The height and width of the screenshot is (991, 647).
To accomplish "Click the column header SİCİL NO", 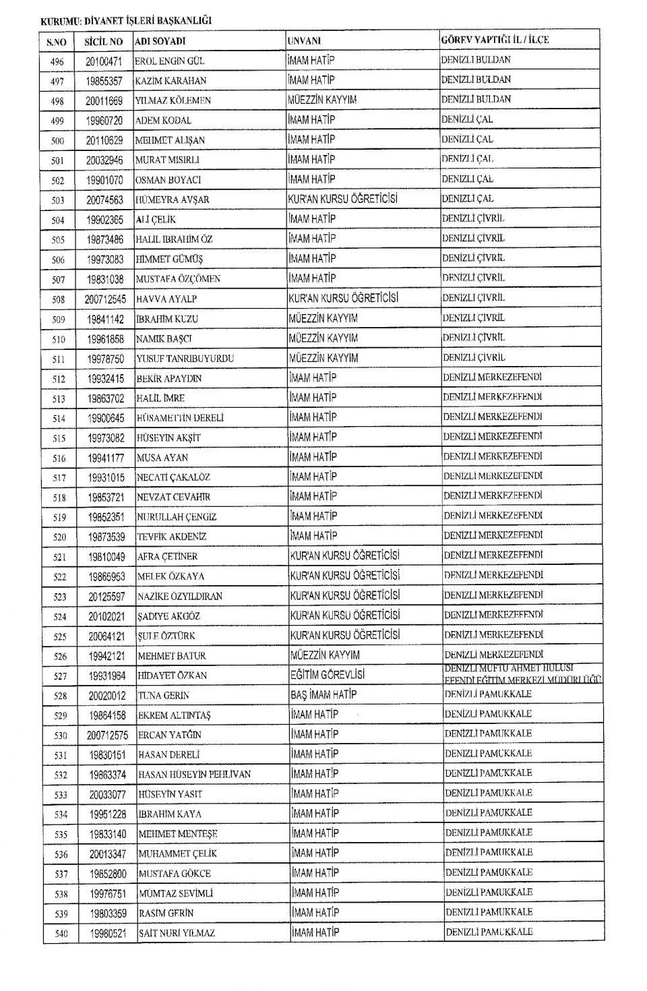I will [x=103, y=42].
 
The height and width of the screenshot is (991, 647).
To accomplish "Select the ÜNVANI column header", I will [x=304, y=41].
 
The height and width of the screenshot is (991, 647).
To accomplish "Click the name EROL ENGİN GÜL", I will [x=170, y=61].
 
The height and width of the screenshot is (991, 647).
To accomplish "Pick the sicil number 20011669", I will [x=104, y=100].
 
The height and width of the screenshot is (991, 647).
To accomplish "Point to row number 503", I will [x=58, y=200].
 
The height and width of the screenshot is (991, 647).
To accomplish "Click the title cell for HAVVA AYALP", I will [x=344, y=298].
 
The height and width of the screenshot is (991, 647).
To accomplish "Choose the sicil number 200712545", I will [x=105, y=299].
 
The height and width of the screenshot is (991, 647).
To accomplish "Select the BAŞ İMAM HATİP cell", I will [x=324, y=694].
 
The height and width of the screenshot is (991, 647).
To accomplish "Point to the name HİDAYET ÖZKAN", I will [x=173, y=675].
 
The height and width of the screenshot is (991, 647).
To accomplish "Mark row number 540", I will [x=61, y=934].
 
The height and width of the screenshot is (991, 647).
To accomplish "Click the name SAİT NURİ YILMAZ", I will [x=177, y=933].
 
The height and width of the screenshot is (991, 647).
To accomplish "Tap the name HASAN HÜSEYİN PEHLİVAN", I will [x=195, y=775].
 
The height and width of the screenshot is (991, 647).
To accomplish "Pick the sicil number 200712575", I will [x=107, y=735].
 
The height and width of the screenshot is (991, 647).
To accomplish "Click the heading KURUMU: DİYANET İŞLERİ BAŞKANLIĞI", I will [x=126, y=21].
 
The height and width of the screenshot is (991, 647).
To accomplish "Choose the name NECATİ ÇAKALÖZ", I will [x=174, y=477].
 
